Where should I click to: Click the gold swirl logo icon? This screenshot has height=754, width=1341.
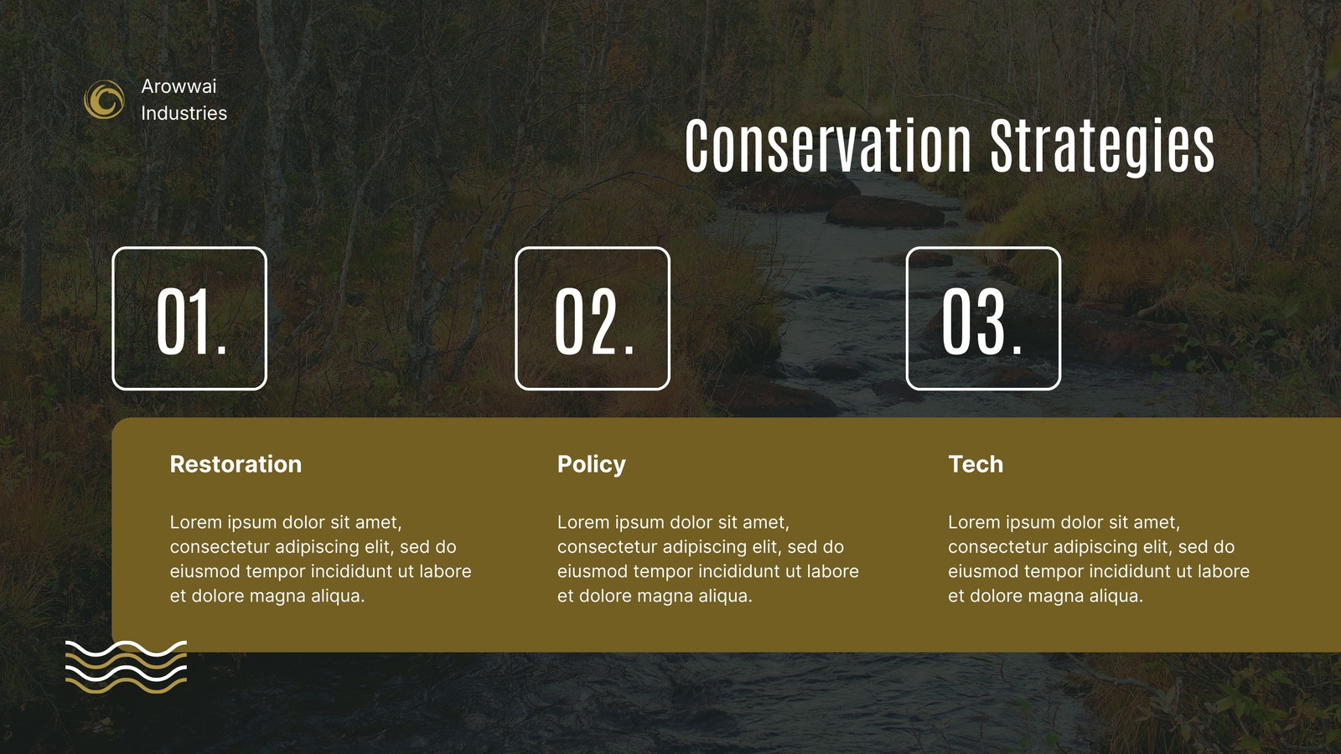105,100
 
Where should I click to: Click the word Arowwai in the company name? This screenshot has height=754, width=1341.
179,86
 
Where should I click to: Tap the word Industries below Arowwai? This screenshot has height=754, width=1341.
184,113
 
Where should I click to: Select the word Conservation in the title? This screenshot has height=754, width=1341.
828,145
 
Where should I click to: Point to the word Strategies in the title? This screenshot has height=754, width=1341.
1102,147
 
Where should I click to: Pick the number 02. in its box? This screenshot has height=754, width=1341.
594,322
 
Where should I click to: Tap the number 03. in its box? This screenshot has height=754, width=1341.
981,322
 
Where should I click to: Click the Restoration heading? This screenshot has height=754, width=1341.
236,464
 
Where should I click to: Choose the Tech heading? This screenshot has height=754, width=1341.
976,464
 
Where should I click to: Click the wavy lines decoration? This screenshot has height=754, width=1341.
126,667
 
